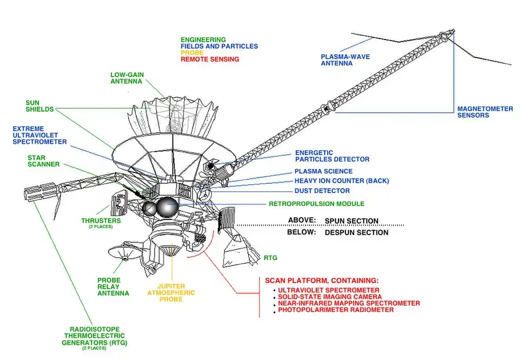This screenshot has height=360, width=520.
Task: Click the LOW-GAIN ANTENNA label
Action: coord(126,78)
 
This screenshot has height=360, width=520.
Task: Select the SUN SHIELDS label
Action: coord(40,106)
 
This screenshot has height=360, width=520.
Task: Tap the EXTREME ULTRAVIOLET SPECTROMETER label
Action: coord(40,135)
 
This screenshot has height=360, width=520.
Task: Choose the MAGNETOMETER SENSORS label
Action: coord(485,112)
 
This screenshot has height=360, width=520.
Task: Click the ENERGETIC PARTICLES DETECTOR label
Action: coord(332,156)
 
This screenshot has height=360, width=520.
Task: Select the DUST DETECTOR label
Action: coord(322,191)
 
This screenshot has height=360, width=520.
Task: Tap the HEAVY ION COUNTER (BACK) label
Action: coord(341,181)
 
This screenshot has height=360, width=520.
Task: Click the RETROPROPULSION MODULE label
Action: coord(316,204)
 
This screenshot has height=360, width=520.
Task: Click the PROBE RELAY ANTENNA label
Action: coord(113,287)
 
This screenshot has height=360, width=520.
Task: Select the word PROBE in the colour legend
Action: coord(193,53)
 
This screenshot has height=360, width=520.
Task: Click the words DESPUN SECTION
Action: coord(356,233)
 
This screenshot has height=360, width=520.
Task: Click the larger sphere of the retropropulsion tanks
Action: coord(167,206)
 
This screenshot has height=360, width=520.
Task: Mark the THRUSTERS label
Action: coord(101,221)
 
